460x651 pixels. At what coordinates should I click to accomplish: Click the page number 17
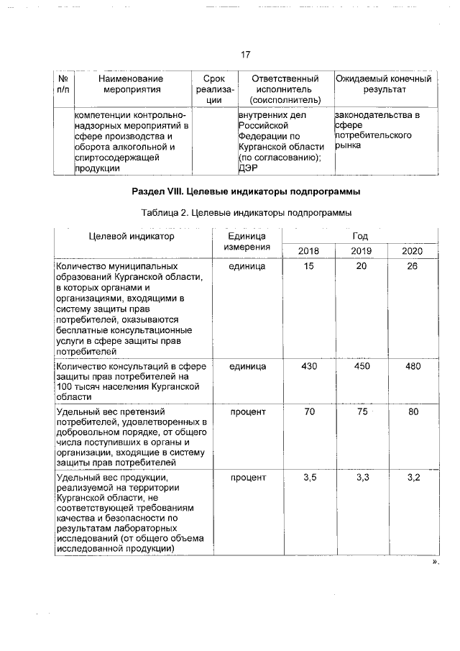(x=244, y=54)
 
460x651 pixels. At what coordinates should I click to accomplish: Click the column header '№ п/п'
(x=63, y=83)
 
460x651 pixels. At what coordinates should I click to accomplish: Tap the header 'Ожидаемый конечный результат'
(x=384, y=83)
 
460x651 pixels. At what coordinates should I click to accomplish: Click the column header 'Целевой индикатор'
(x=132, y=236)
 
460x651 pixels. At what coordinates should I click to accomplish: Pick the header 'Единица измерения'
(x=247, y=241)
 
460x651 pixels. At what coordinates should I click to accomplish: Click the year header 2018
(x=309, y=251)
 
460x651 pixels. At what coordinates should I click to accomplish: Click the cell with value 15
(x=309, y=267)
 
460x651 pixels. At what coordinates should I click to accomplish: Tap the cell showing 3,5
(x=309, y=477)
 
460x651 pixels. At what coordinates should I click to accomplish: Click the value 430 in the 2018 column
(x=309, y=366)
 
